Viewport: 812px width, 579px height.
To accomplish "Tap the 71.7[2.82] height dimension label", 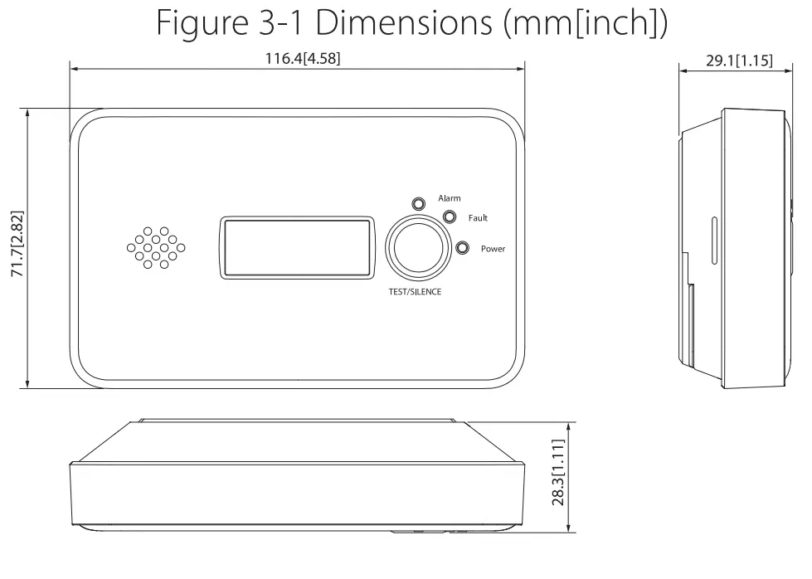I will pos(17,248).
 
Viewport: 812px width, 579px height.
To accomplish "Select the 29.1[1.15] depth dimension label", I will pos(732,59).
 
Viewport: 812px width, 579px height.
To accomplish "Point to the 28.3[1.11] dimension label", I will pos(559,472).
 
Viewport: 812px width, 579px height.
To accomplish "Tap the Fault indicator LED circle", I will pos(450,217).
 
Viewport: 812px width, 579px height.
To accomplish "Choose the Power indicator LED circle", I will pos(462,248).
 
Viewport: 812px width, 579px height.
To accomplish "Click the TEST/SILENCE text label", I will pos(415,292).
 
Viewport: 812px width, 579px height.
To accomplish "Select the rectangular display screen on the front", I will pos(296,247).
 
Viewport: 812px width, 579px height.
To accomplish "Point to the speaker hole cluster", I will pos(156,247).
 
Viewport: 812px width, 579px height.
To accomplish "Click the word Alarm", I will pos(450,198).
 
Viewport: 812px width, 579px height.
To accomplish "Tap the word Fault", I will pos(478,218).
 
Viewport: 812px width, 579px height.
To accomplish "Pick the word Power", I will pos(493,249).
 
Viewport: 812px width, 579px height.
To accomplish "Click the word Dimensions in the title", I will pos(405,24).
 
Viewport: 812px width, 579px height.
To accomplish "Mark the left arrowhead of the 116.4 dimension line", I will pos(75,69).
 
